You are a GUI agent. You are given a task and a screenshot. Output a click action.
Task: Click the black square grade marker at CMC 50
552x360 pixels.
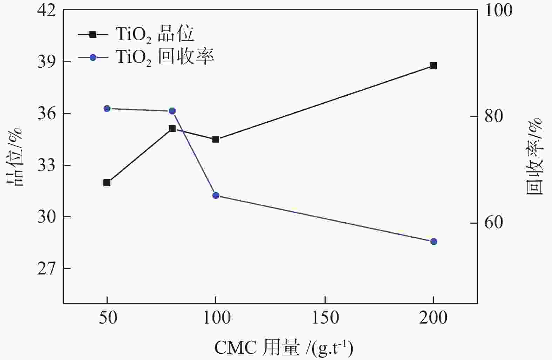pos(107,183)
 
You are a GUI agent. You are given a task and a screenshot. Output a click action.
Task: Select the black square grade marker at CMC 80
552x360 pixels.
pos(172,129)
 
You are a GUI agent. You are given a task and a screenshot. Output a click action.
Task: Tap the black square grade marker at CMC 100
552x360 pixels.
pos(216,139)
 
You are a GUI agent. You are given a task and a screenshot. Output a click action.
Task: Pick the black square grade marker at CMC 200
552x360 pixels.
pos(434,66)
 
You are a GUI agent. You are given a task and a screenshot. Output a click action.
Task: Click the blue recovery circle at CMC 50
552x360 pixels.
pos(107,108)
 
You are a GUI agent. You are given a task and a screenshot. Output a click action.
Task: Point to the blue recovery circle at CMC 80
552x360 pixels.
pos(172,111)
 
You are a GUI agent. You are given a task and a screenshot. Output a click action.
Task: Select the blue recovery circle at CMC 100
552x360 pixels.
pos(216,195)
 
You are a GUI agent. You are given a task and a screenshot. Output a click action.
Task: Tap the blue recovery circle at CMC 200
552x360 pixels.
pos(434,242)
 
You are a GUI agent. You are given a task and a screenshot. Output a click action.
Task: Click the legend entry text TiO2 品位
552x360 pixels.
pos(155,35)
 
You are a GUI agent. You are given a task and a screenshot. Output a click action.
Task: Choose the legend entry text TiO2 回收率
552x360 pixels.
pos(165,57)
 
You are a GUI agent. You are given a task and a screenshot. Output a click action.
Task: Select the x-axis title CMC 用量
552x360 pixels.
pos(284,348)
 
